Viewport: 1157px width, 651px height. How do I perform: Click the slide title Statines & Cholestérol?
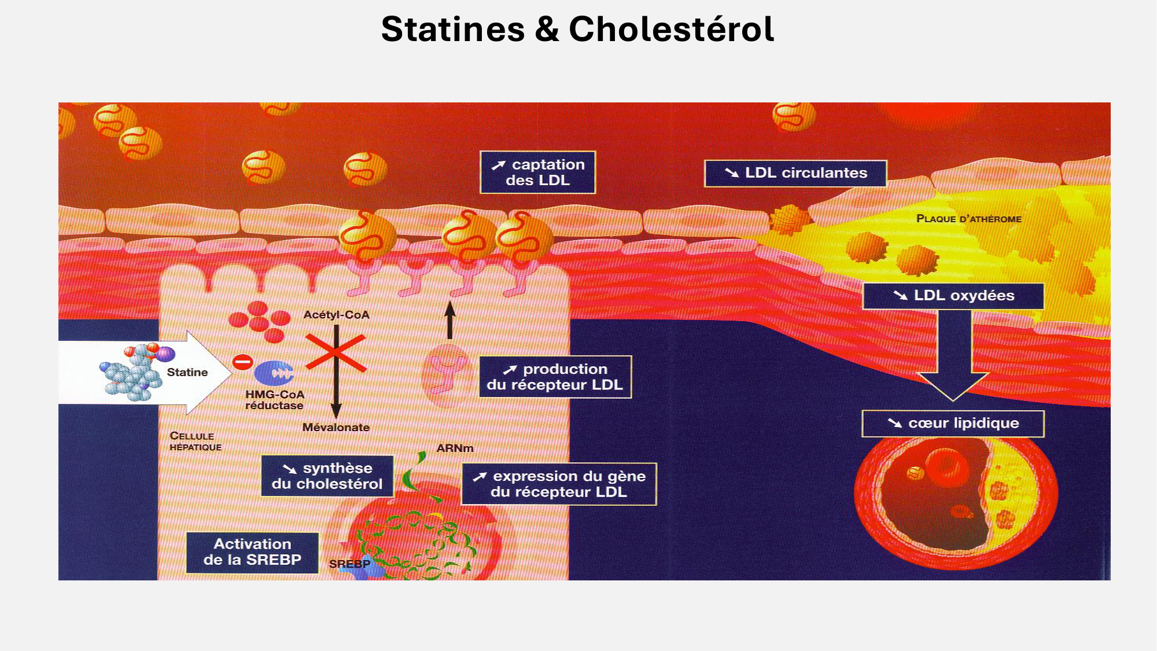click(577, 29)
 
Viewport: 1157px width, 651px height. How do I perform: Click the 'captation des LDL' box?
click(537, 172)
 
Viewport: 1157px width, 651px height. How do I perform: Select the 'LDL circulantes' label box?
click(795, 173)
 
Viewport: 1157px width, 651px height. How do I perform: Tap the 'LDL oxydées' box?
click(953, 296)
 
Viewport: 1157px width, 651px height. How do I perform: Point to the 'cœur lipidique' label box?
click(953, 424)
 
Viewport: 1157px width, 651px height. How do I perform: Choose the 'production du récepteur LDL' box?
click(555, 377)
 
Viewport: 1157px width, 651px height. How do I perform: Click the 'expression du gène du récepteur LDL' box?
click(559, 484)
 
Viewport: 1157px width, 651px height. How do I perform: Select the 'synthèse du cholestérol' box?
click(327, 476)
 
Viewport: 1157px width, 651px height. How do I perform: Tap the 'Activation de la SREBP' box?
click(252, 552)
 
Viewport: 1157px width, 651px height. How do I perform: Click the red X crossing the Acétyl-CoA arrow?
click(336, 352)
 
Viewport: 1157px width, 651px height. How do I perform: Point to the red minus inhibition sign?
click(242, 362)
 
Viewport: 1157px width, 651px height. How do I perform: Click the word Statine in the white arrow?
click(187, 372)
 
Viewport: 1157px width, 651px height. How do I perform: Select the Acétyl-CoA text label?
click(336, 315)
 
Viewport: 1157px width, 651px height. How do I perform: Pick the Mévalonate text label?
click(336, 427)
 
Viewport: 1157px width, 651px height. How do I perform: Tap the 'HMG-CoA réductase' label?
click(274, 400)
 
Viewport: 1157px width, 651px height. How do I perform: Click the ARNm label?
click(455, 448)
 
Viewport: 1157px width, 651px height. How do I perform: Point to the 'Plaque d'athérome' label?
click(968, 219)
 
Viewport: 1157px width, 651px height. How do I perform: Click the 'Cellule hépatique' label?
click(195, 441)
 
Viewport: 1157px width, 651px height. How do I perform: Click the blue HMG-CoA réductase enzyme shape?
click(274, 373)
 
